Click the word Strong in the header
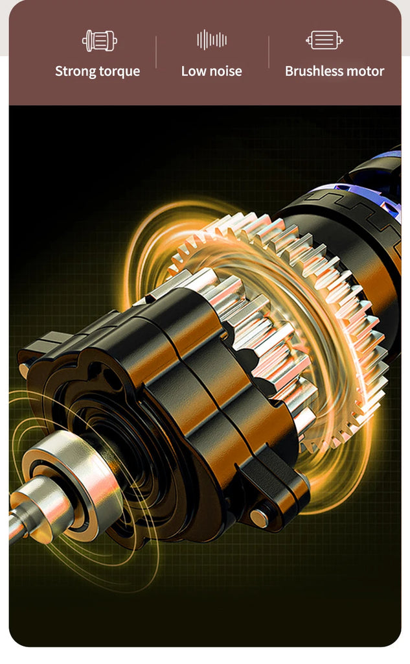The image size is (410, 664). [x=75, y=71]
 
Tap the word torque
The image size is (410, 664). [x=119, y=71]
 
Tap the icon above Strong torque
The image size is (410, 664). [x=100, y=41]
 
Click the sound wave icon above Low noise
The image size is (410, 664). [x=212, y=40]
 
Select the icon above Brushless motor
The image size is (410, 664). [x=325, y=40]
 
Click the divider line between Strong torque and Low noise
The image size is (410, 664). [x=156, y=52]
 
